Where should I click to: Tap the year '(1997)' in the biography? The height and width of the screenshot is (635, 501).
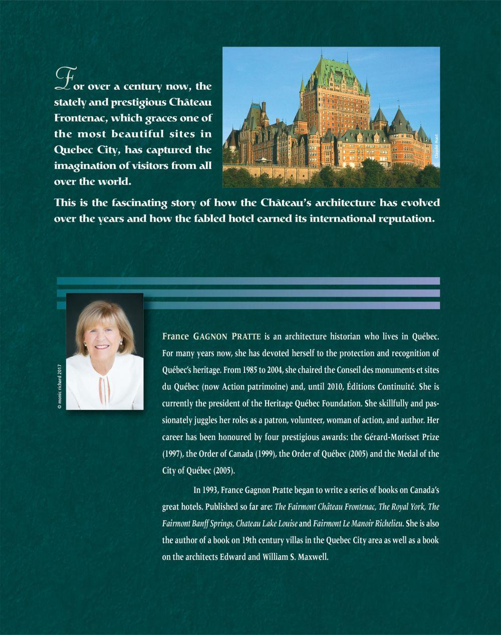(173, 454)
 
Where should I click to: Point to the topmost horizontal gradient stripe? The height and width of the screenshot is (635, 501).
(248, 281)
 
